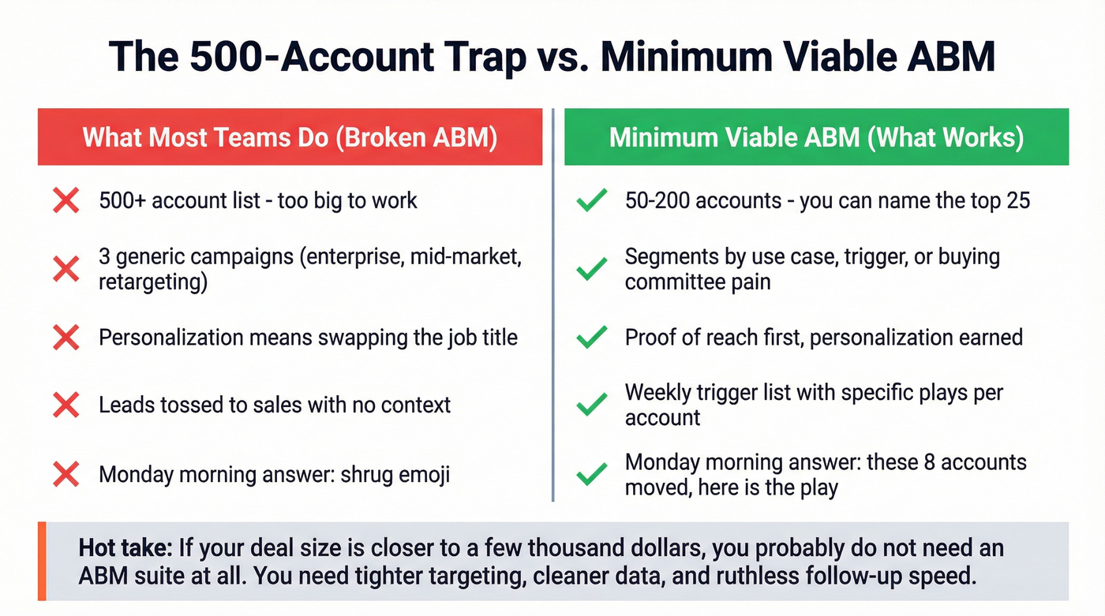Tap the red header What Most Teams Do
point(290,137)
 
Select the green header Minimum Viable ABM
point(816,137)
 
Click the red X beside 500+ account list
point(66,201)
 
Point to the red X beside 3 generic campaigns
point(66,269)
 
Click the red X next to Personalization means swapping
point(66,338)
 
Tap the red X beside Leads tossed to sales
point(66,405)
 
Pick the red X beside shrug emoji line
point(66,475)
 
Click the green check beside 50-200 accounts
point(591,201)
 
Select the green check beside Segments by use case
point(591,269)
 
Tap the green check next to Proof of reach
point(591,338)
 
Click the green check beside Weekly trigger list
point(591,405)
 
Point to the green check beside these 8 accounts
point(591,475)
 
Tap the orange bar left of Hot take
point(41,562)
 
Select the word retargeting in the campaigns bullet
point(152,282)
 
